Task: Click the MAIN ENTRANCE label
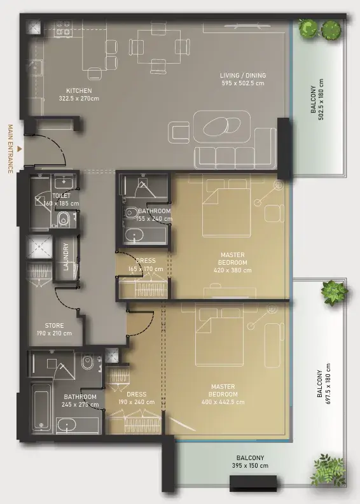click(10, 149)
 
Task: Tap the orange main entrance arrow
click(20, 149)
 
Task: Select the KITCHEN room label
click(79, 90)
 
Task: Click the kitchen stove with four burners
click(64, 28)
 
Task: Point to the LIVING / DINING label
click(243, 76)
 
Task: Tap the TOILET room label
click(61, 195)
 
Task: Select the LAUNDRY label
click(66, 257)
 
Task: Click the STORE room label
click(54, 326)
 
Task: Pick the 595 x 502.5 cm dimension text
click(243, 83)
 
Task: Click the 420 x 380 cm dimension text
click(233, 270)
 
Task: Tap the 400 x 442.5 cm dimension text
click(223, 402)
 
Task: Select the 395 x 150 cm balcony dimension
click(250, 466)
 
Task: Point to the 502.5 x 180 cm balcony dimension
click(321, 99)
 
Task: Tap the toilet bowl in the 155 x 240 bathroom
click(130, 213)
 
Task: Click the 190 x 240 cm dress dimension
click(137, 402)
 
